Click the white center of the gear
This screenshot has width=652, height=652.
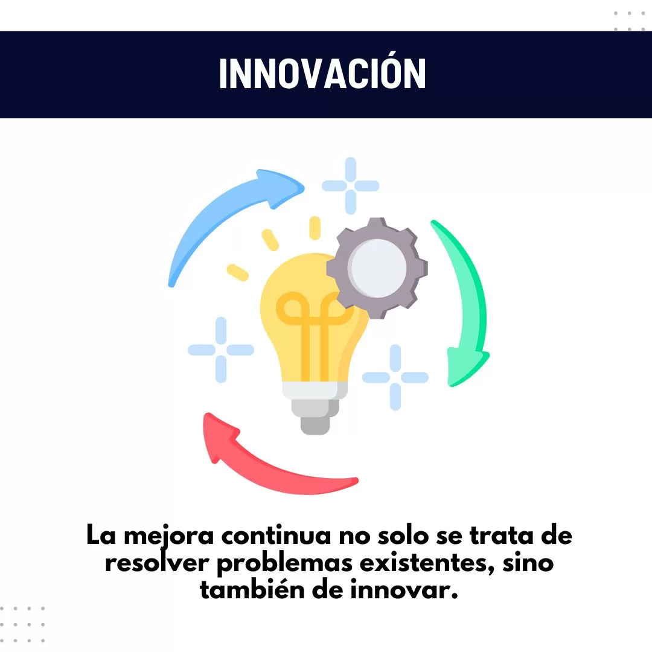point(377,268)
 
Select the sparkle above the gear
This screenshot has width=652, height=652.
point(351,185)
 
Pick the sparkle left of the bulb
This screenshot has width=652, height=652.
point(221,350)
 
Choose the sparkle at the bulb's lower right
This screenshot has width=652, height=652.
point(395,377)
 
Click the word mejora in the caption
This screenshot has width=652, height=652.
point(169,536)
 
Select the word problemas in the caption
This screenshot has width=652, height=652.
point(284,564)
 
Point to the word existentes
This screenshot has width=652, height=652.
point(427,564)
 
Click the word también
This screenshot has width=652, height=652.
point(252,590)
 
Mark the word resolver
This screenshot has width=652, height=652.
point(157,563)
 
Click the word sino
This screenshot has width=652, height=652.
point(528,563)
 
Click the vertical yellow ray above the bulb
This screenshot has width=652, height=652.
point(315,228)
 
